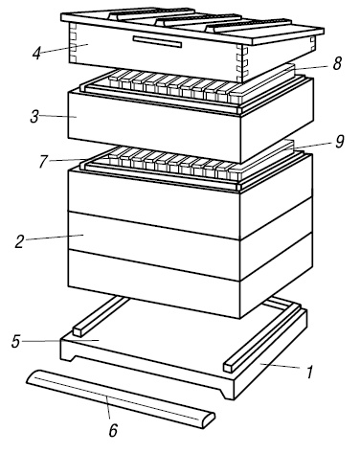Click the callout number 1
click(x=309, y=372)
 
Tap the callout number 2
click(x=20, y=241)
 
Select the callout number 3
click(x=34, y=117)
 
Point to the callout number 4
click(x=36, y=53)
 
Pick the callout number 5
click(x=16, y=341)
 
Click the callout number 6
click(x=113, y=430)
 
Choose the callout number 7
click(x=43, y=161)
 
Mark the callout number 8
click(x=337, y=63)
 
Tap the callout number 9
click(x=340, y=142)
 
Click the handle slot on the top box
click(x=157, y=42)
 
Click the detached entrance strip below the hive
click(x=121, y=399)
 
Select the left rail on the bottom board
click(x=101, y=316)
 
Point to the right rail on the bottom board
click(x=262, y=338)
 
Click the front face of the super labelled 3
click(x=154, y=126)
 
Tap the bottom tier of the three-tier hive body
click(x=154, y=283)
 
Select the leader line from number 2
click(x=55, y=238)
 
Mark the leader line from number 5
click(x=60, y=341)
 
